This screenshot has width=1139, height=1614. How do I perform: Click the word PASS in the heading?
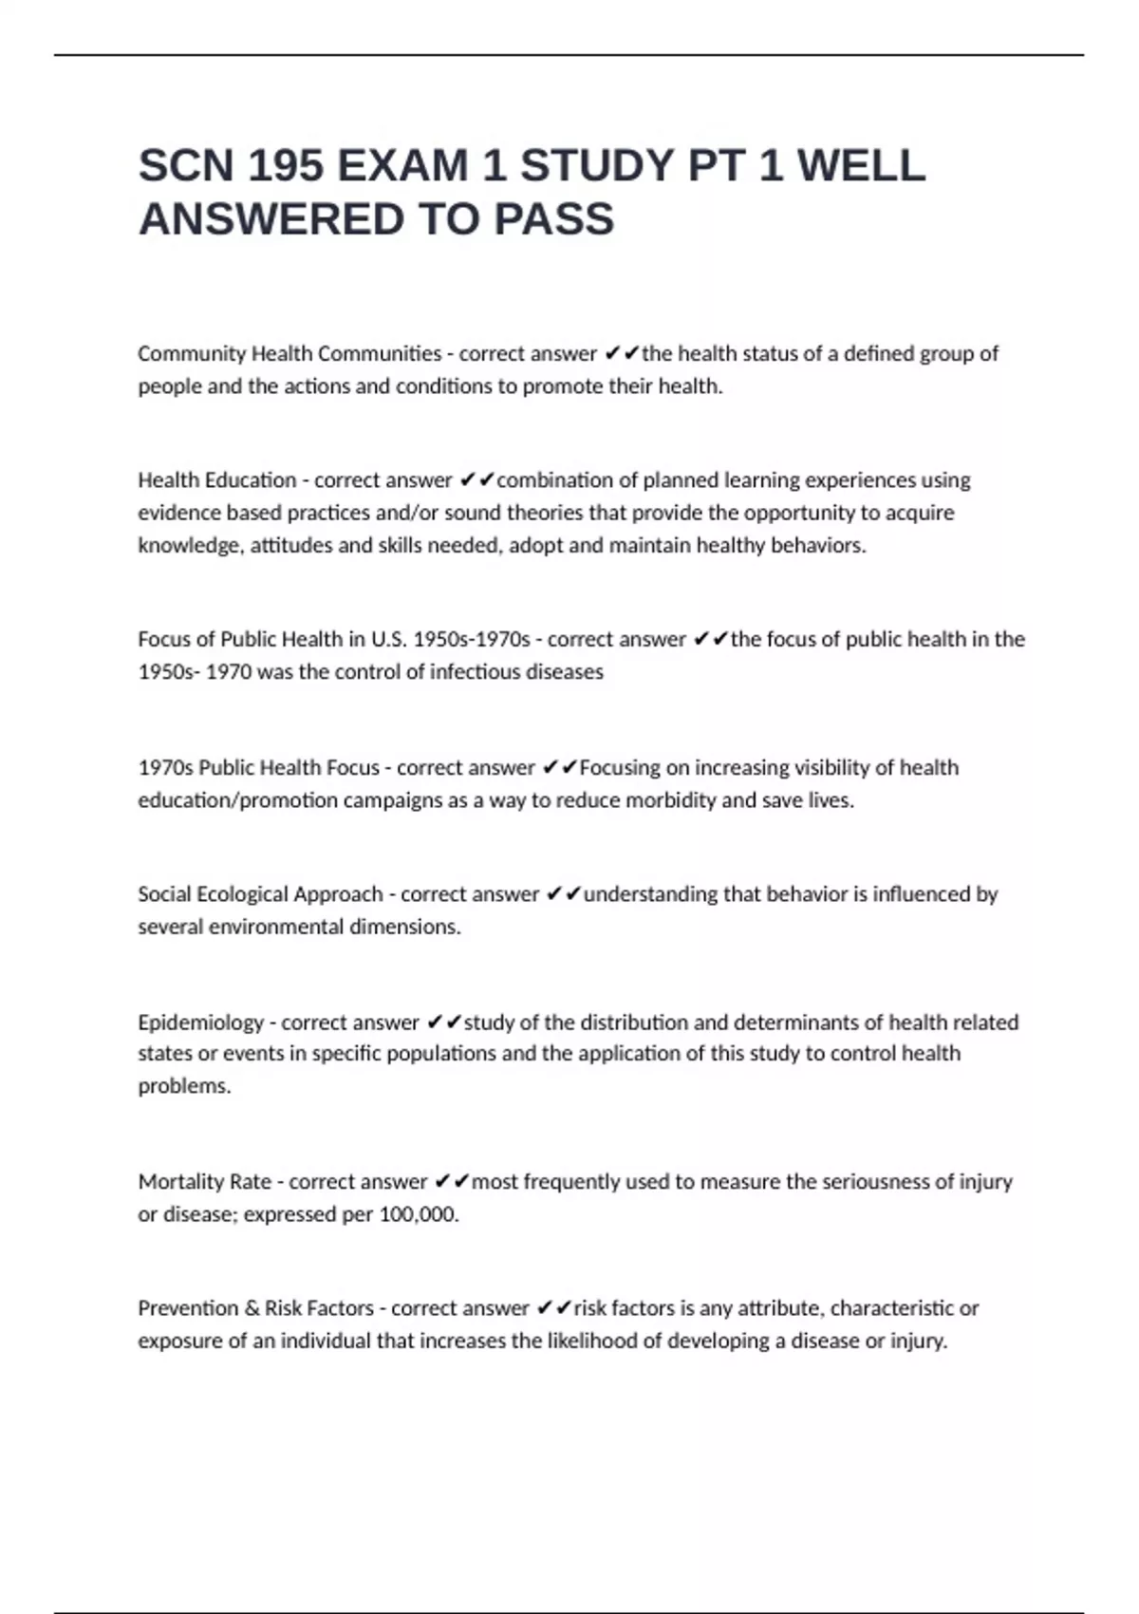coord(553,219)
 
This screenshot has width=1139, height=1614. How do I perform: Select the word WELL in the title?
coord(861,166)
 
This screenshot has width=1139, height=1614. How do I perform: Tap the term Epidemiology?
coord(200,1023)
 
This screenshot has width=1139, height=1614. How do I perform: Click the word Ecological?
coord(241,894)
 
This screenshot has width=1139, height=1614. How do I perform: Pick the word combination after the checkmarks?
coord(554,480)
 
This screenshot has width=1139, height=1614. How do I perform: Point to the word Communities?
coord(380,354)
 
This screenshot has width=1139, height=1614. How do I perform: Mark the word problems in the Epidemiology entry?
coord(184,1086)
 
